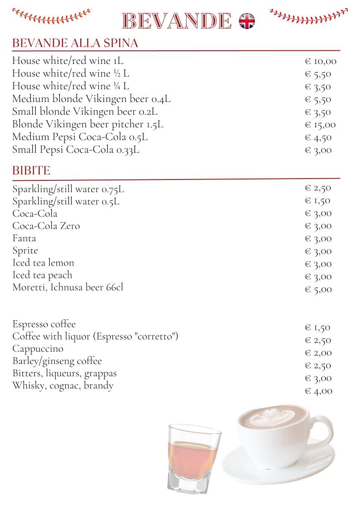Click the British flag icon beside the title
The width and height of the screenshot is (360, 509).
coord(247,21)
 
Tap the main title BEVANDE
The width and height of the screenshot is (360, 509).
coord(177,21)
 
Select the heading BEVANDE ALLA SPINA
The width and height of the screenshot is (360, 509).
coord(75,44)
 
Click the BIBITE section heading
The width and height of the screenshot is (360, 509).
coord(31,171)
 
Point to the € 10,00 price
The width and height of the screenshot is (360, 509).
coord(321,61)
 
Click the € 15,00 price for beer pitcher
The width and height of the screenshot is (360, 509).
coord(321,125)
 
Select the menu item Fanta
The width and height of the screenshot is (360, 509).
coord(24,238)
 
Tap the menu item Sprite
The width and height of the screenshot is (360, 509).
coord(25,251)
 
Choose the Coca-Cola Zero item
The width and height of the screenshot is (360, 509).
coord(46,226)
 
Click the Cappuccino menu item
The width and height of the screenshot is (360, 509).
coord(38,349)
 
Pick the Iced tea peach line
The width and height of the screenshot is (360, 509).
coord(42,275)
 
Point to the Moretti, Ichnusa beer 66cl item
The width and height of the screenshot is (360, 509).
coord(68,287)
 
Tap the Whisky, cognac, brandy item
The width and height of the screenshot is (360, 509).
coord(63,386)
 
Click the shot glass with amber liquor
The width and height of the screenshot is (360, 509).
coord(194,458)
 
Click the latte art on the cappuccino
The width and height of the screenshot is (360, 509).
coord(270,417)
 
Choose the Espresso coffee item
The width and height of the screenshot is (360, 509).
coord(44,324)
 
